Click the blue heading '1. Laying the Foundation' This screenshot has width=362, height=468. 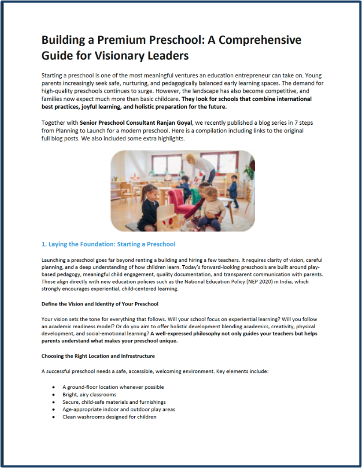click(108, 244)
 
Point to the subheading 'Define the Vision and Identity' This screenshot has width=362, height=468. click(100, 304)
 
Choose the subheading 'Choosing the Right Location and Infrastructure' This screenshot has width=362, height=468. click(98, 356)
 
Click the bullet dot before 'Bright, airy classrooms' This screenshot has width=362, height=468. click(53, 395)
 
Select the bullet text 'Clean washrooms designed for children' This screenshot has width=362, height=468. click(109, 417)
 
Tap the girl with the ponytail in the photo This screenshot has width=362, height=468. click(148, 206)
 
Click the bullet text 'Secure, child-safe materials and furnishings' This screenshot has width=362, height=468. click(114, 402)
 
